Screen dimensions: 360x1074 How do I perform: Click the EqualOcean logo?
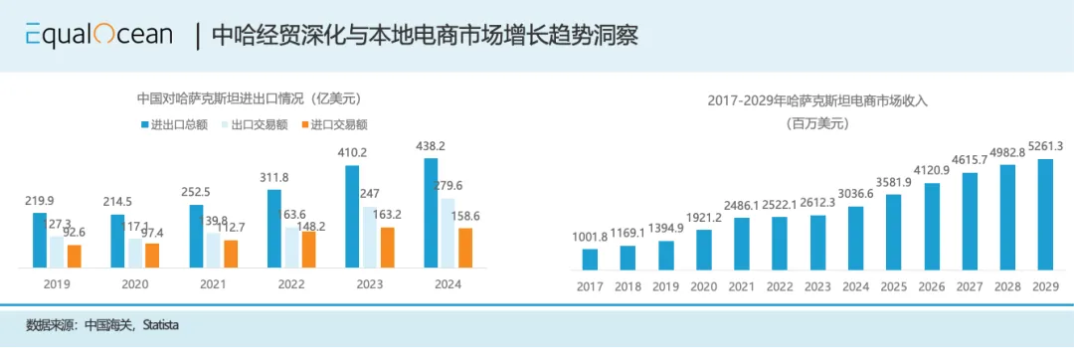click(x=99, y=35)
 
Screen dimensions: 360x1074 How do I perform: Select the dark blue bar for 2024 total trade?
click(x=432, y=213)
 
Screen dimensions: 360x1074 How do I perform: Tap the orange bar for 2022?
click(x=308, y=249)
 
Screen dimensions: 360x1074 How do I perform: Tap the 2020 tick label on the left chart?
click(x=134, y=283)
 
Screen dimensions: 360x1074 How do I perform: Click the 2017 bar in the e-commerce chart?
click(x=590, y=260)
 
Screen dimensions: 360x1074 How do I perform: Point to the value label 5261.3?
click(x=1044, y=146)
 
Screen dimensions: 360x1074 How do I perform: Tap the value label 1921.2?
click(x=705, y=217)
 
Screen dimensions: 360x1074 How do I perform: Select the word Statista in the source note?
click(x=160, y=325)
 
